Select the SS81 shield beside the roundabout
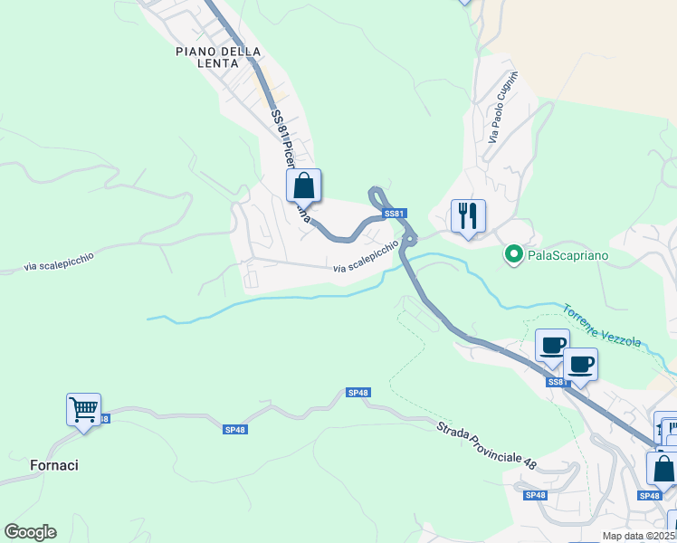[392, 214]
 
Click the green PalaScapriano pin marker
[514, 255]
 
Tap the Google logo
[30, 532]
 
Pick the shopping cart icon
[83, 409]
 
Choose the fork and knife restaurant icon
[468, 215]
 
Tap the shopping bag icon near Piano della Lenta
[304, 186]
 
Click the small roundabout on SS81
[409, 240]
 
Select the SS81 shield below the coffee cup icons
[556, 383]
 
